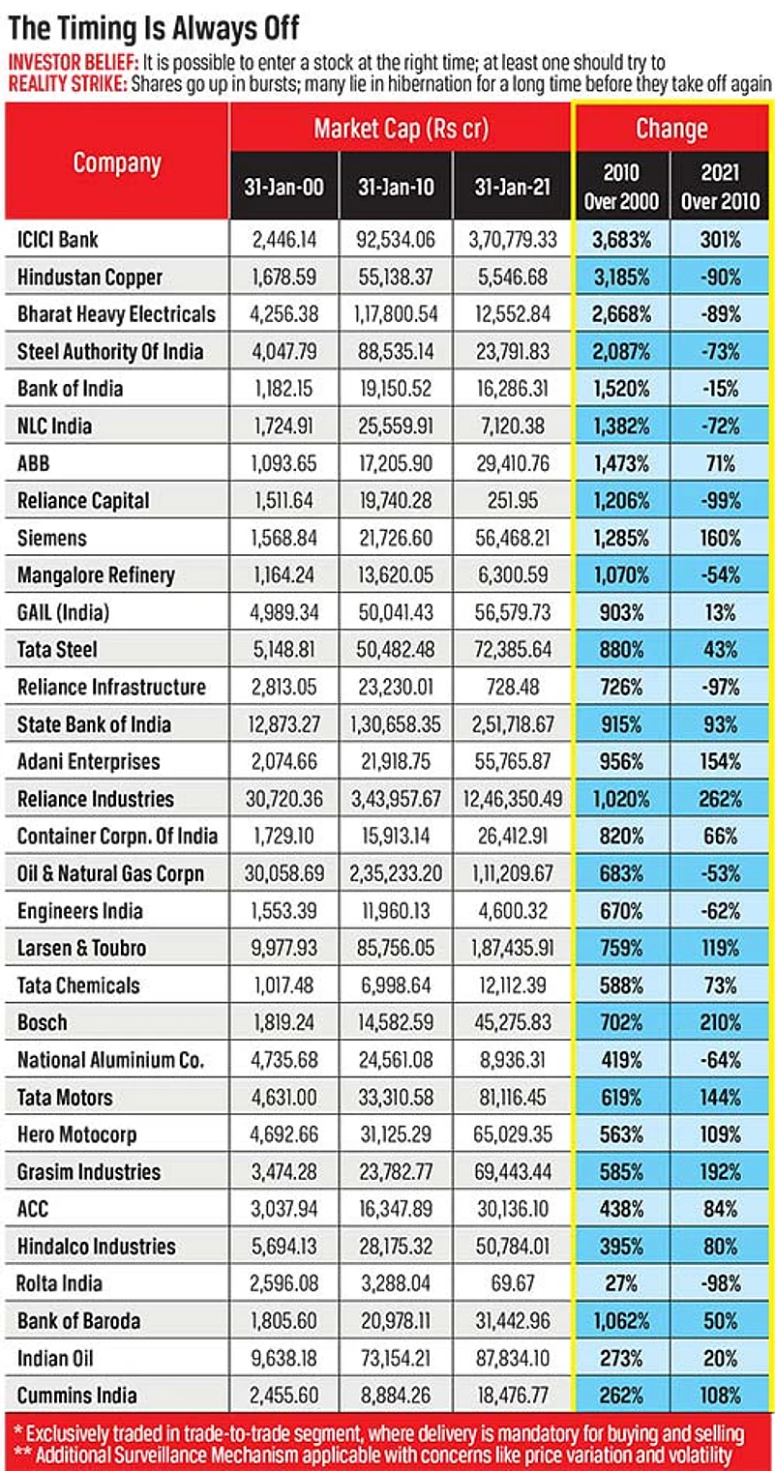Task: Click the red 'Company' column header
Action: click(x=117, y=162)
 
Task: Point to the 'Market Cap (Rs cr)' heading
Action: click(x=401, y=129)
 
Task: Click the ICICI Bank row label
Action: click(x=58, y=239)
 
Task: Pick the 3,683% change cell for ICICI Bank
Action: click(x=621, y=239)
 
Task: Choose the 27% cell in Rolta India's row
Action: click(x=621, y=1284)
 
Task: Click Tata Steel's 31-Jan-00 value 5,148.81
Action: click(x=284, y=650)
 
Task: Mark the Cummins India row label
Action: click(x=77, y=1396)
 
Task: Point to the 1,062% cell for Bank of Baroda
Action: click(x=621, y=1321)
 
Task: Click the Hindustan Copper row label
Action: click(x=90, y=277)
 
